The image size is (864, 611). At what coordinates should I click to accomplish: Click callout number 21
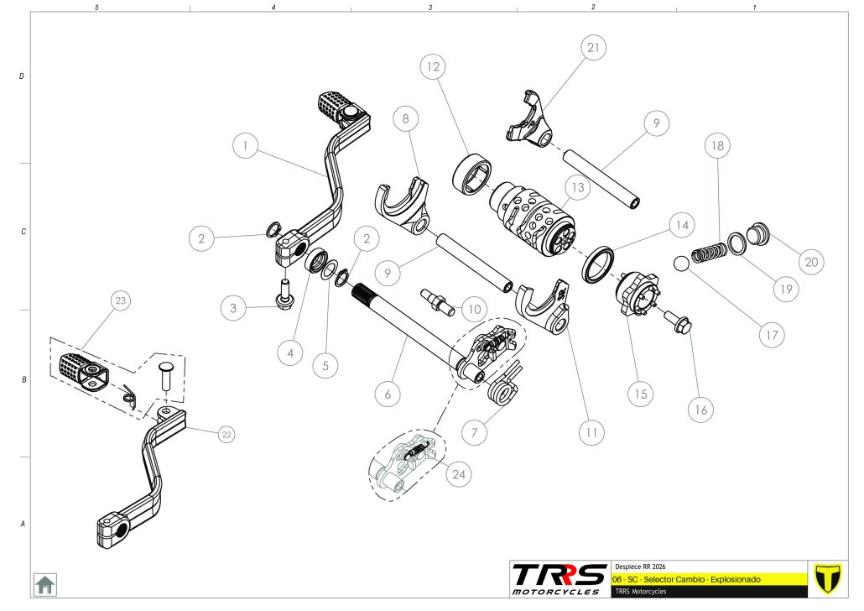[x=593, y=49]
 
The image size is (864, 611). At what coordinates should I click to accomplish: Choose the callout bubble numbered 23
[x=122, y=300]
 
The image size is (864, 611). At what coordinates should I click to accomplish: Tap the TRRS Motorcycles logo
[x=560, y=577]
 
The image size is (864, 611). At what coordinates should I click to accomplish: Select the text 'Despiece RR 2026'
[x=642, y=566]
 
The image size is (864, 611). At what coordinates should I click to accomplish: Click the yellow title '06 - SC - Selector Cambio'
[x=687, y=579]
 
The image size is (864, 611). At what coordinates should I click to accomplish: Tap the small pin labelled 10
[x=439, y=300]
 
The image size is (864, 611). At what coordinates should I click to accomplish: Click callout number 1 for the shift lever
[x=245, y=145]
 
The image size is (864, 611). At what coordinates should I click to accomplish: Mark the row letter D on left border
[x=21, y=76]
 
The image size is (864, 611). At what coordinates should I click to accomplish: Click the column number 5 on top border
[x=98, y=7]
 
